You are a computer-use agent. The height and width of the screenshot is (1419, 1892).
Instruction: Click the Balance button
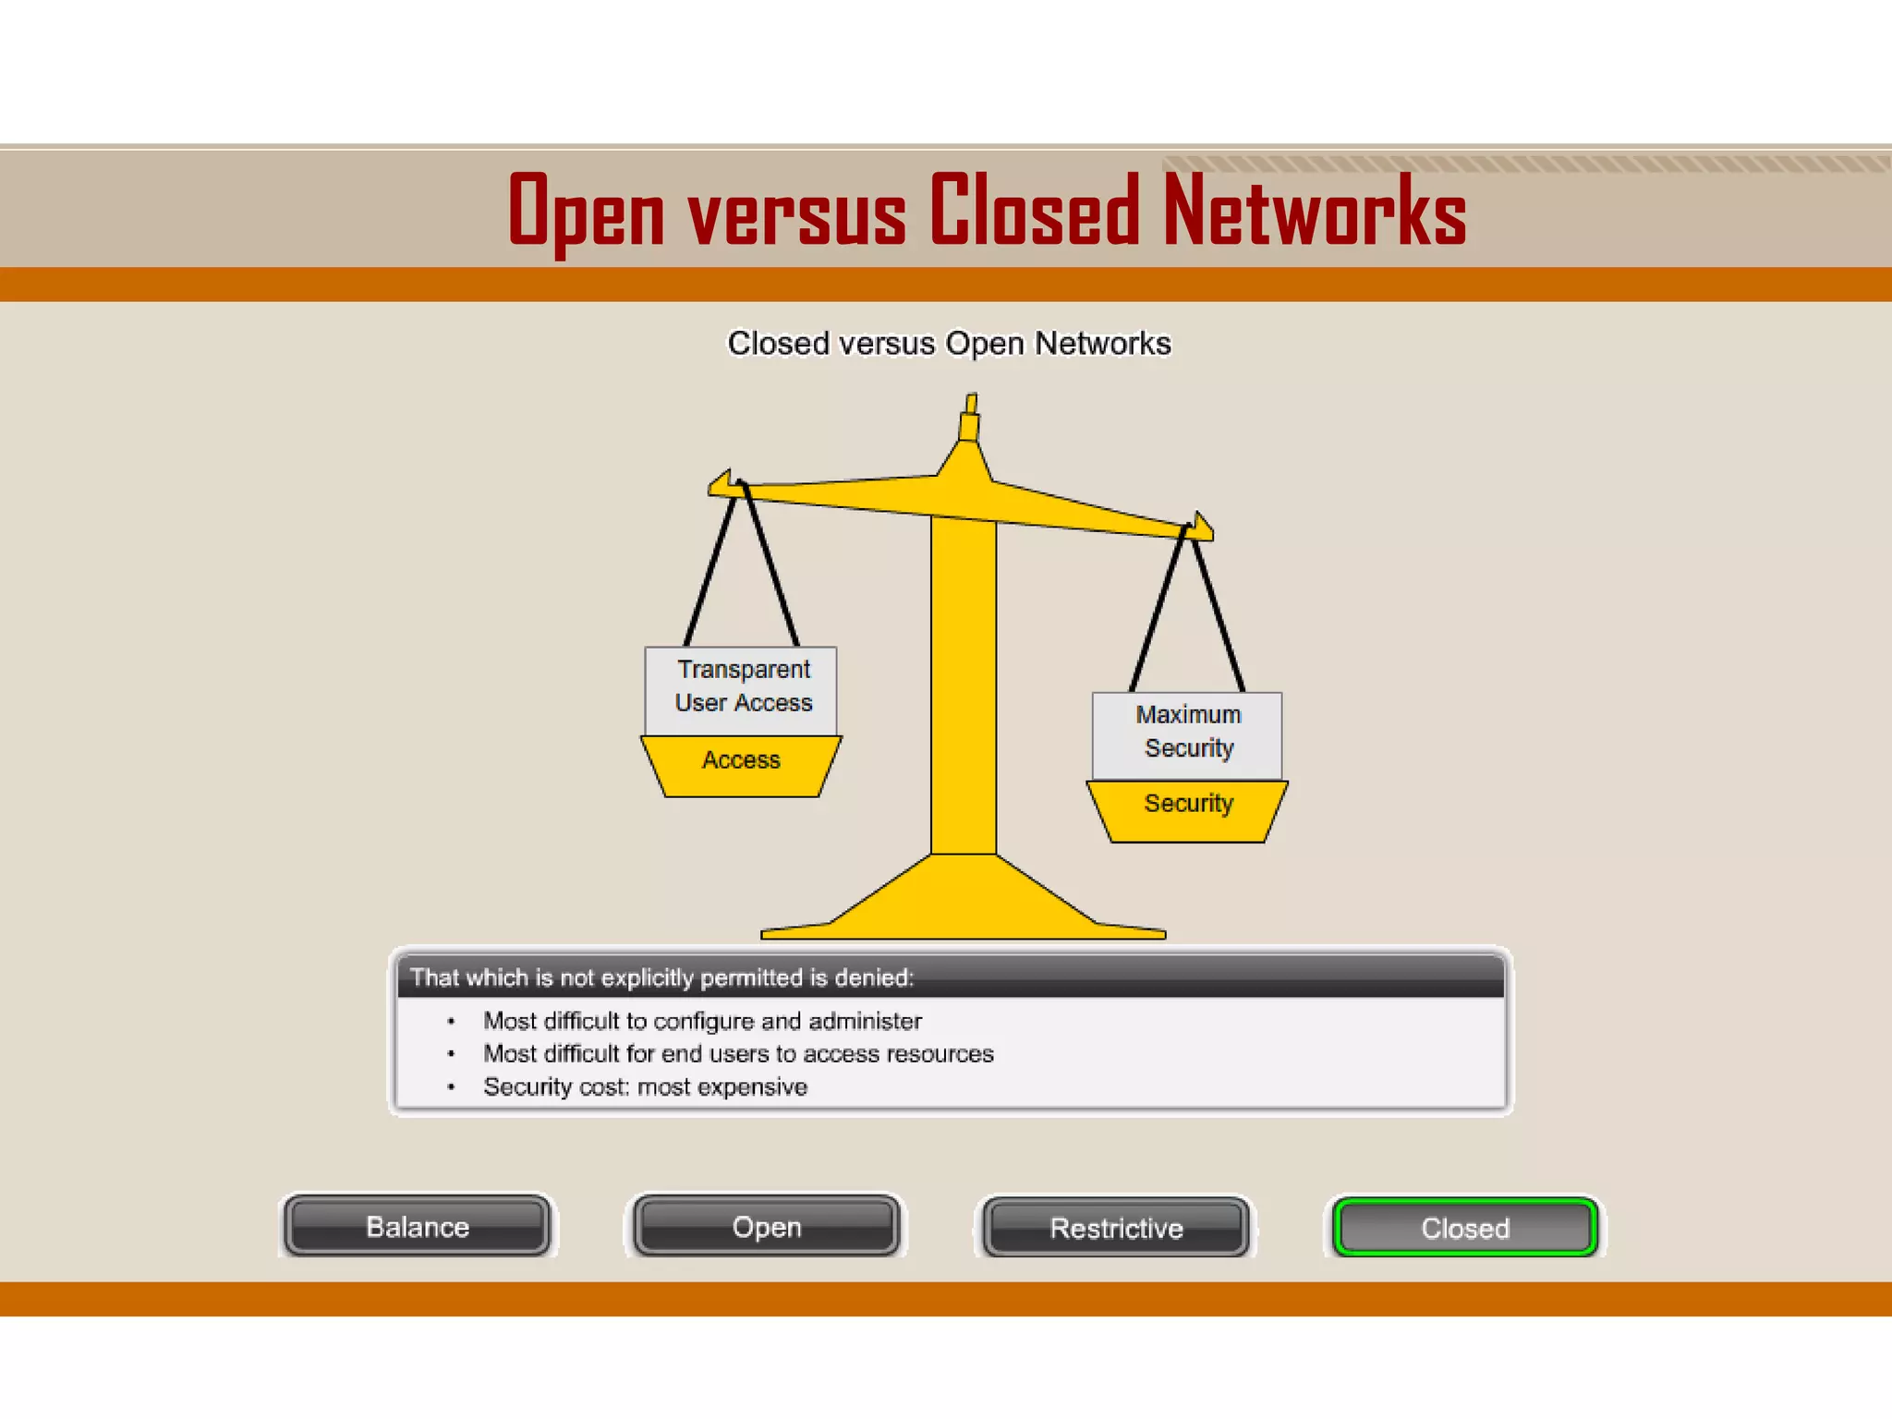click(x=418, y=1226)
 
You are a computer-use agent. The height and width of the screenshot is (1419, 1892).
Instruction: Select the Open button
click(x=766, y=1226)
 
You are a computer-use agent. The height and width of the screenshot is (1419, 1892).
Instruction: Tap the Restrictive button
click(x=1116, y=1227)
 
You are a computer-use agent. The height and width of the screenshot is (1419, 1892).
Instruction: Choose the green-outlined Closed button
click(x=1465, y=1227)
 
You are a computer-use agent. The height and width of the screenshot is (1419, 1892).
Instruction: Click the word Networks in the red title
click(x=1314, y=212)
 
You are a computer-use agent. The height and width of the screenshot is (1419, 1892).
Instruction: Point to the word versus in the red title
click(x=796, y=214)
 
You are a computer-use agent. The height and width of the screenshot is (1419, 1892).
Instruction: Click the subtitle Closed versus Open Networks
click(x=949, y=344)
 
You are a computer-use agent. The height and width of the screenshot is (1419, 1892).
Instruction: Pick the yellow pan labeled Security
click(x=1187, y=809)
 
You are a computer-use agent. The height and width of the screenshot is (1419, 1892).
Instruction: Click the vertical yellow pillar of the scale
click(x=964, y=684)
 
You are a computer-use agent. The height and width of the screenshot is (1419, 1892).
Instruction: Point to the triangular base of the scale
click(x=964, y=901)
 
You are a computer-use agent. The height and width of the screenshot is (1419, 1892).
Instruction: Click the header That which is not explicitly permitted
click(x=661, y=977)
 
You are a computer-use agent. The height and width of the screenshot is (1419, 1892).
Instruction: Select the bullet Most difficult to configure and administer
click(x=702, y=1021)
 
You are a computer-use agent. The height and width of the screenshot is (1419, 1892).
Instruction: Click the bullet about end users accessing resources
click(x=738, y=1054)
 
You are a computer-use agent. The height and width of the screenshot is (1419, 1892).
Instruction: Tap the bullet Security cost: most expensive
click(x=645, y=1087)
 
